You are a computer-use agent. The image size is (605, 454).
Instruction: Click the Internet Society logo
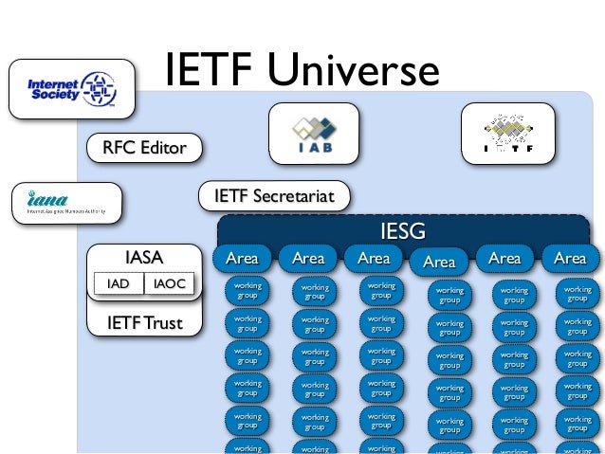tap(73, 91)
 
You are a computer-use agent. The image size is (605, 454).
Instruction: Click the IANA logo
tap(66, 203)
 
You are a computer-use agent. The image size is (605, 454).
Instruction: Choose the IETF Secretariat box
tap(274, 196)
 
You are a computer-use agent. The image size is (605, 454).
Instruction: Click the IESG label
tap(402, 231)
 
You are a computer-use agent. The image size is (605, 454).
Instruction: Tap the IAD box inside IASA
tap(118, 283)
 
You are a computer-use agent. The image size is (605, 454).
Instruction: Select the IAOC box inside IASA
tap(171, 283)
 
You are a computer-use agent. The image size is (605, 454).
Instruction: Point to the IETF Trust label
tap(144, 323)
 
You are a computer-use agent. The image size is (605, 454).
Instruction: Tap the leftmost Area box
tap(242, 258)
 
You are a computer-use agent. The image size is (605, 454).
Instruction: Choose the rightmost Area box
tap(569, 258)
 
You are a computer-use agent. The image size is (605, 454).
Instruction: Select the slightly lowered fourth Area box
tap(439, 263)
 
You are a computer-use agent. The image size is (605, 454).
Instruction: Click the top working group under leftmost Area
tap(247, 290)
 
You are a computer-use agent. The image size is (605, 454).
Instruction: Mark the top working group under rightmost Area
tap(577, 293)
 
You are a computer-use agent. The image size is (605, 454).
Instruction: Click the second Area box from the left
tap(308, 258)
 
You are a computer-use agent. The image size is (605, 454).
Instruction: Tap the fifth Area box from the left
tap(504, 258)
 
